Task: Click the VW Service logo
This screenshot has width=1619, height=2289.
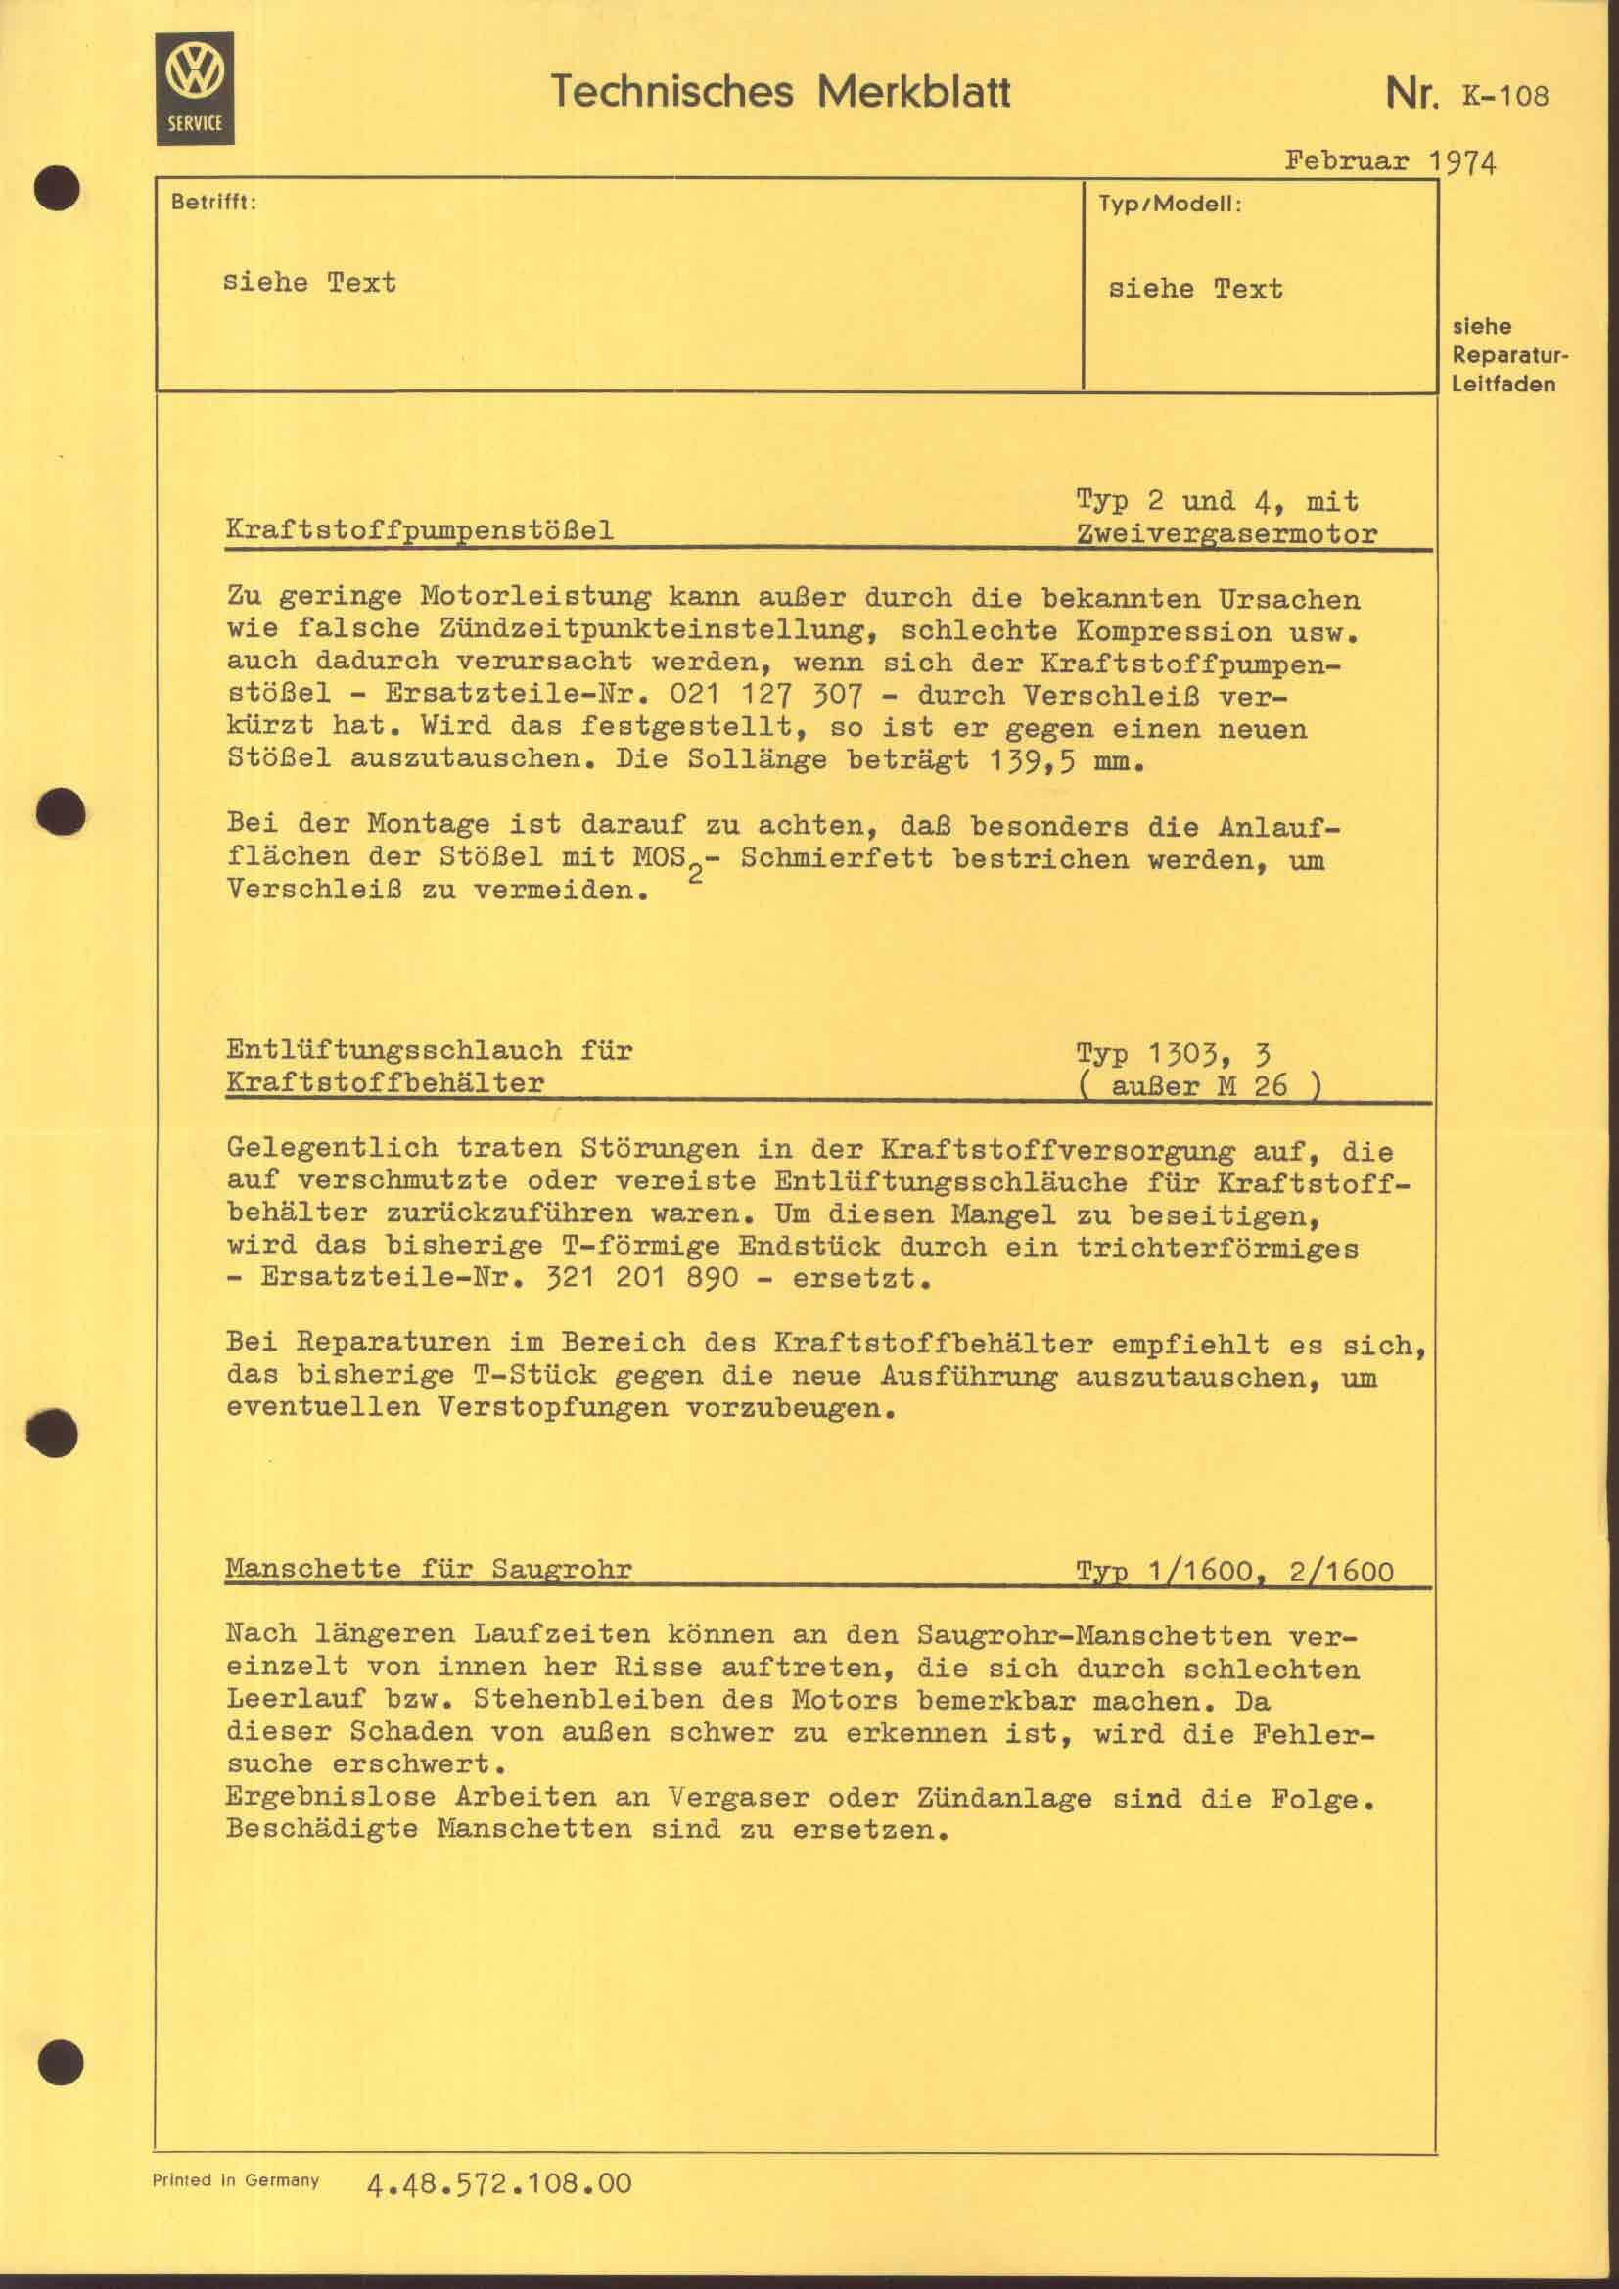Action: point(195,88)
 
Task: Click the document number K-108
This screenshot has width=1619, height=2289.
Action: point(1505,96)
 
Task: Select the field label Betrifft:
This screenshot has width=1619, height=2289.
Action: point(213,203)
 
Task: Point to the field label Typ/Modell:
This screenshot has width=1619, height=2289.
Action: point(1170,205)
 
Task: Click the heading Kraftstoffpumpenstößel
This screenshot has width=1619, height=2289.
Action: point(420,530)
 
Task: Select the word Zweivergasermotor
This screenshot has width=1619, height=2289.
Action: point(1226,534)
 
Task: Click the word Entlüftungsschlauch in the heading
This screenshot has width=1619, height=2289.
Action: point(394,1050)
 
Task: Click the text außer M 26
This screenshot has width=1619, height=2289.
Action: point(1199,1085)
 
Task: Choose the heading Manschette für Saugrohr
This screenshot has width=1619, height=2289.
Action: point(429,1568)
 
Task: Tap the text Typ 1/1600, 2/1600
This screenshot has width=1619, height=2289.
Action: point(1234,1573)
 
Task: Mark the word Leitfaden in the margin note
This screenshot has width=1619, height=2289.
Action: point(1503,384)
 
